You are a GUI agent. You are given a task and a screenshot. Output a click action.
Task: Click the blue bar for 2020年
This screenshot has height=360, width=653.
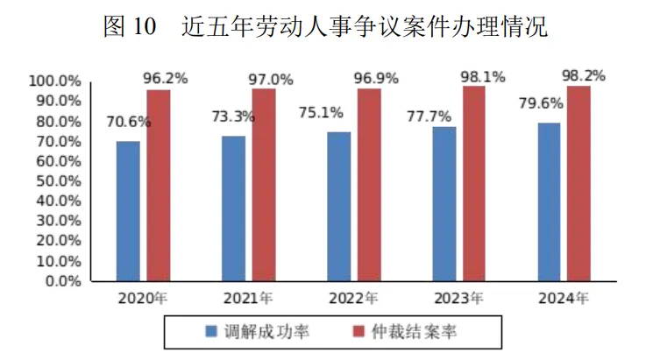coord(128,211)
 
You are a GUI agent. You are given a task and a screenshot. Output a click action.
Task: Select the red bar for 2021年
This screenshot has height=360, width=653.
coord(264,185)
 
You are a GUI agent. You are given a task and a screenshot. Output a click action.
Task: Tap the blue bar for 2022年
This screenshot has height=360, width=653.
coord(339,207)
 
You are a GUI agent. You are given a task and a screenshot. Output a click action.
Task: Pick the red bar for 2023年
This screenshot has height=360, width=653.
coord(474,184)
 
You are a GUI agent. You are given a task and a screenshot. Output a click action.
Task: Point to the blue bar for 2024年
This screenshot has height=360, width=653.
coord(550,202)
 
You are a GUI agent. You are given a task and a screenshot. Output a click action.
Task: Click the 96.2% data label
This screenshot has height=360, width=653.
coord(166,78)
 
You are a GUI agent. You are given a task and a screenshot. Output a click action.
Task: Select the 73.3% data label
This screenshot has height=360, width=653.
coord(233,116)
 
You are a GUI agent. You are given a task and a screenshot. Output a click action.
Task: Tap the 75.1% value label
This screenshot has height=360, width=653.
coord(321,112)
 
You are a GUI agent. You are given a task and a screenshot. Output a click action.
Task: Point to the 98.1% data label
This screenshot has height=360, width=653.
coord(483,76)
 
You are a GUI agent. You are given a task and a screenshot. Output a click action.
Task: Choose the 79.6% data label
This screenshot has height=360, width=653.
coord(541,102)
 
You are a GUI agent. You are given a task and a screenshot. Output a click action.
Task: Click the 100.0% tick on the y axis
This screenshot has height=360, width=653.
coord(55,81)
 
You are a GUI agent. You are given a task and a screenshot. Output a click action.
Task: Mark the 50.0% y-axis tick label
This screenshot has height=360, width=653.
coord(59,181)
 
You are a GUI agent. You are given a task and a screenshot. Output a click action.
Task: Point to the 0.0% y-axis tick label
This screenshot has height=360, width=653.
coord(63,281)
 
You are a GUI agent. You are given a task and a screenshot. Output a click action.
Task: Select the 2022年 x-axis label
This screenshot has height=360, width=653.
coord(353,299)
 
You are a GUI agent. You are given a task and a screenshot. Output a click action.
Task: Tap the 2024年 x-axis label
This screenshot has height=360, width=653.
coord(564,299)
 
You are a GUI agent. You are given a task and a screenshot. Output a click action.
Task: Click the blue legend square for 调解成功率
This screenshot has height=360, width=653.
coord(211,331)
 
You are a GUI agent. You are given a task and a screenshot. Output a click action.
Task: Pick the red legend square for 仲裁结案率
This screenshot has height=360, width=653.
coord(358,331)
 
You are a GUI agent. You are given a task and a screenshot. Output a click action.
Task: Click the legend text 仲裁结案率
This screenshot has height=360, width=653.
coord(414,332)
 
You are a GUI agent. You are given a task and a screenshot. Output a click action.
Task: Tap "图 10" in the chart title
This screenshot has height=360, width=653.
coord(130,26)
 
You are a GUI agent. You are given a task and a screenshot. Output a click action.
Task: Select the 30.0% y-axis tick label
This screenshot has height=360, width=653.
coord(59,221)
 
